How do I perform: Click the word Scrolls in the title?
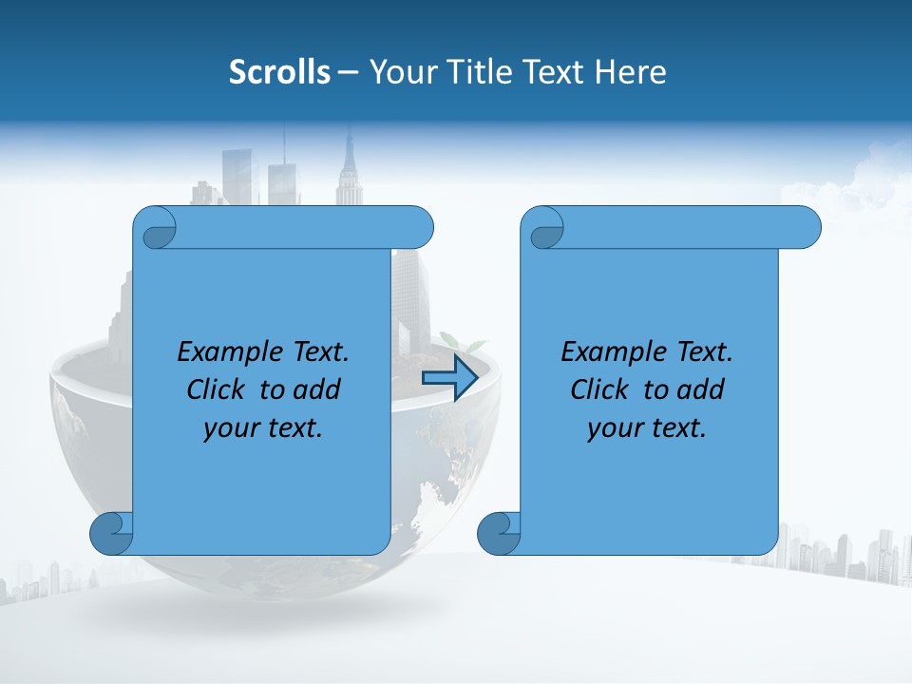[x=279, y=72]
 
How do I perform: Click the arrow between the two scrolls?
[x=449, y=379]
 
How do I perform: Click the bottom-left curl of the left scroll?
[x=110, y=533]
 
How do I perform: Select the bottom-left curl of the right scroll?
[x=498, y=533]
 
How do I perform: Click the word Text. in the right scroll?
[x=704, y=352]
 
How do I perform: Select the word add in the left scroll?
[x=317, y=389]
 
